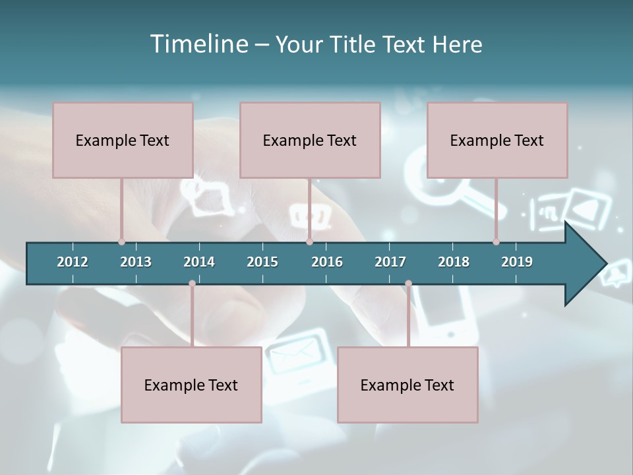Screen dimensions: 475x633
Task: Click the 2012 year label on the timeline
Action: (73, 262)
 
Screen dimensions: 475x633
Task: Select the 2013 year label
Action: (136, 262)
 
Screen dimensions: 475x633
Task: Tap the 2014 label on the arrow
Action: (199, 262)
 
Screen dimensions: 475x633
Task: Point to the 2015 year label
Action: (262, 262)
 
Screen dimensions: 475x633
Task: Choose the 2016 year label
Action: (327, 262)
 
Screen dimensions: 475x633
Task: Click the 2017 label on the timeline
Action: (390, 262)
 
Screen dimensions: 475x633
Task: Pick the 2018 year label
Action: (454, 262)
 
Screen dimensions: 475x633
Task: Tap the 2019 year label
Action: (517, 262)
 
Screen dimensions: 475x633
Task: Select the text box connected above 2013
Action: (123, 140)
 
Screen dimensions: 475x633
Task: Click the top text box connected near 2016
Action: (310, 140)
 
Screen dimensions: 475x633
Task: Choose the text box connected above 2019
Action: (497, 140)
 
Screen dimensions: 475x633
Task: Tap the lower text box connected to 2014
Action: (191, 385)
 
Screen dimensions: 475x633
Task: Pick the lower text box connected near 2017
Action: (407, 385)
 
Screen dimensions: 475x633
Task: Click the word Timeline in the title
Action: (198, 44)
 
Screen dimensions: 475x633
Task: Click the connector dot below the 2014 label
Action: (192, 284)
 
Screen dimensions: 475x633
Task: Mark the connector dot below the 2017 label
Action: (408, 284)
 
